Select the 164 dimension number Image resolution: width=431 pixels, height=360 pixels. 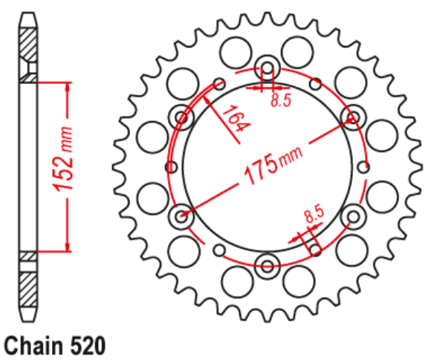(x=236, y=122)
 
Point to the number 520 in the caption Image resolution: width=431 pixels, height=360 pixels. (x=84, y=346)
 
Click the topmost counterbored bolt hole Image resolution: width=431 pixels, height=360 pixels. (x=267, y=65)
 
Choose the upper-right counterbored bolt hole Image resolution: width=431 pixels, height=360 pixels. (x=353, y=115)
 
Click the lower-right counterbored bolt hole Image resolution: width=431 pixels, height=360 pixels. (x=353, y=216)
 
